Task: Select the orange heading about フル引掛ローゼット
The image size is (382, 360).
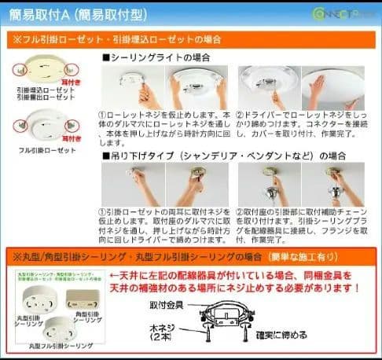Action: pyautogui.click(x=118, y=39)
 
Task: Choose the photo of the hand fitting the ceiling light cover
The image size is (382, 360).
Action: pyautogui.click(x=331, y=86)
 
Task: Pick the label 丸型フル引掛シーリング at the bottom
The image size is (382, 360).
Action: pyautogui.click(x=58, y=347)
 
